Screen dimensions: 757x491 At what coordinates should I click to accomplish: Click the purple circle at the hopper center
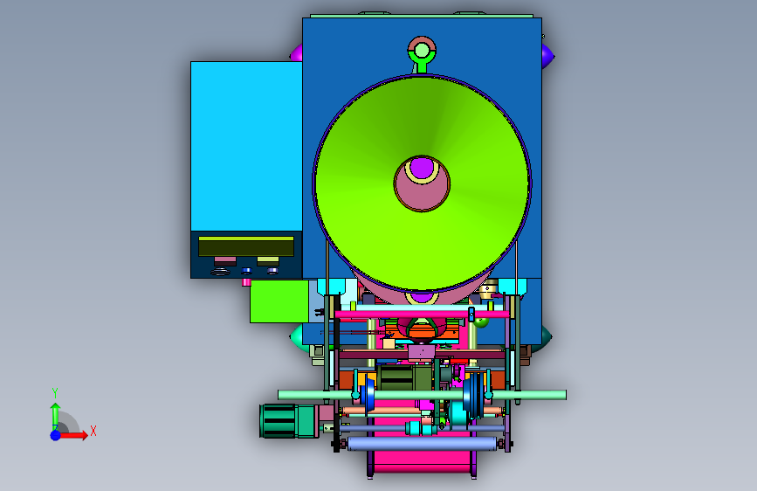pyautogui.click(x=422, y=168)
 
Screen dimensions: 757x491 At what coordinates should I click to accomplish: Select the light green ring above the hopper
pyautogui.click(x=422, y=51)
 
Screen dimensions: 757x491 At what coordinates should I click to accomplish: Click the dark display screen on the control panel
pyautogui.click(x=246, y=246)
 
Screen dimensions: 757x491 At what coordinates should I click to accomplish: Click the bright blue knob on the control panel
pyautogui.click(x=247, y=271)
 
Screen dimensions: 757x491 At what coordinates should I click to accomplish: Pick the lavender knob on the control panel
pyautogui.click(x=272, y=271)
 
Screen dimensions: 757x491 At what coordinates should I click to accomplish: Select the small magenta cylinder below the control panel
pyautogui.click(x=246, y=282)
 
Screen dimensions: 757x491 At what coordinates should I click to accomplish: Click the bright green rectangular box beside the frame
pyautogui.click(x=279, y=301)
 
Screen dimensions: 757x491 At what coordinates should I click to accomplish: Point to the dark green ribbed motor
pyautogui.click(x=278, y=421)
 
